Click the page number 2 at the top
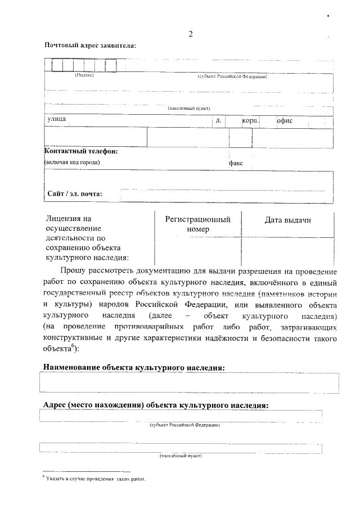point(191,34)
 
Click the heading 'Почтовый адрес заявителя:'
point(90,46)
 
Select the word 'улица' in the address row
point(57,119)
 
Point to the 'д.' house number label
point(219,120)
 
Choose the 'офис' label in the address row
point(285,120)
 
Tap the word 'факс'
point(236,163)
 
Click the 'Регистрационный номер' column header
point(197,224)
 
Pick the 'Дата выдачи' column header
point(287,220)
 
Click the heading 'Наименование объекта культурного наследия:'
point(134,367)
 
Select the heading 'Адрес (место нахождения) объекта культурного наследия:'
point(156,405)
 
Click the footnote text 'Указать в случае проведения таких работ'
point(96,479)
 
